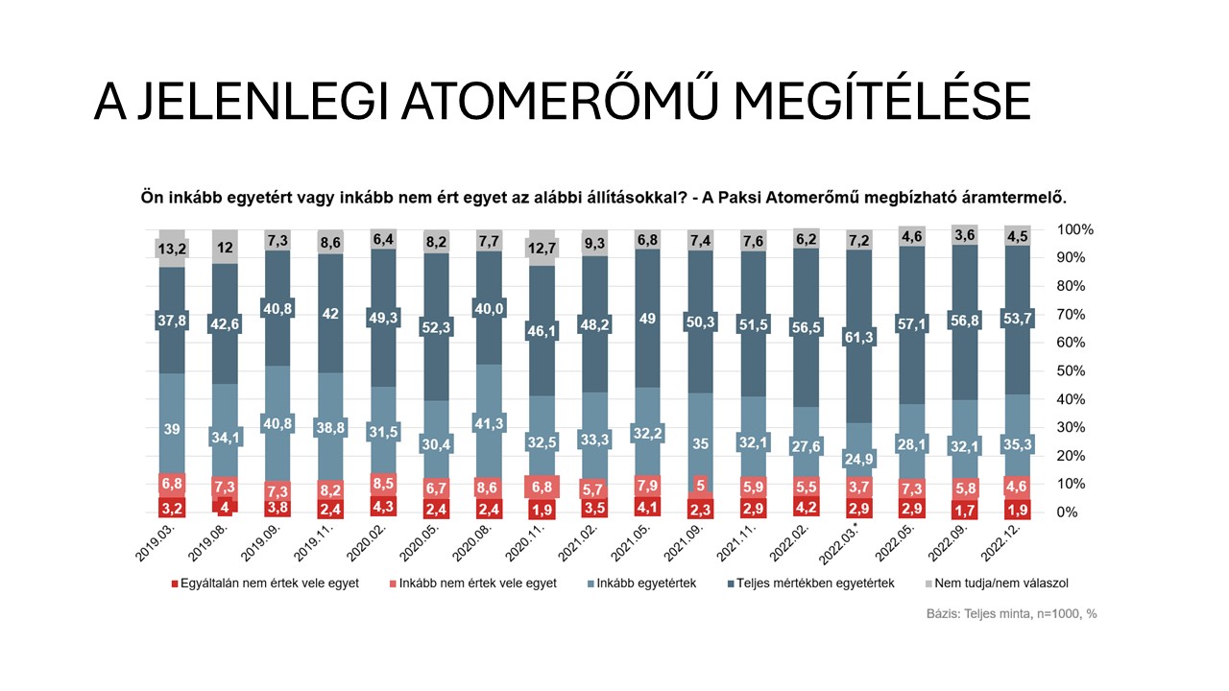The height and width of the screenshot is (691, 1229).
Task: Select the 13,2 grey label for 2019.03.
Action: tap(171, 250)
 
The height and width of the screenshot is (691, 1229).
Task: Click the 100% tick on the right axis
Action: tap(1074, 230)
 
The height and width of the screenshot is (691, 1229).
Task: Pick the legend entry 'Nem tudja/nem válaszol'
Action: tap(999, 583)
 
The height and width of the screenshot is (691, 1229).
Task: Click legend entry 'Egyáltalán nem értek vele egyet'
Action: tap(270, 583)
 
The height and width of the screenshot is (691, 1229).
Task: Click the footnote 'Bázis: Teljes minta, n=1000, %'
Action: tap(1012, 613)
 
